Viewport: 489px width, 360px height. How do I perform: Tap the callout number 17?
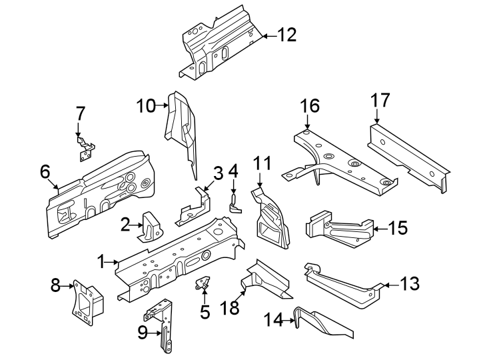pos(380,101)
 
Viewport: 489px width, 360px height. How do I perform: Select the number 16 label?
pos(309,106)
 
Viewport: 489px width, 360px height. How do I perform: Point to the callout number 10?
pos(145,105)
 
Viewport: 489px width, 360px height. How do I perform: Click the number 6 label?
pos(45,171)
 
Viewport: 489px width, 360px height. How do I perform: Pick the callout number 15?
pos(397,228)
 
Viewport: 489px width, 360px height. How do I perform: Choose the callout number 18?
pos(229,309)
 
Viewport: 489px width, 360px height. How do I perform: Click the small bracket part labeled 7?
pos(85,148)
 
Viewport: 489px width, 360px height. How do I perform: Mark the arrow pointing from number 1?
pos(113,263)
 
